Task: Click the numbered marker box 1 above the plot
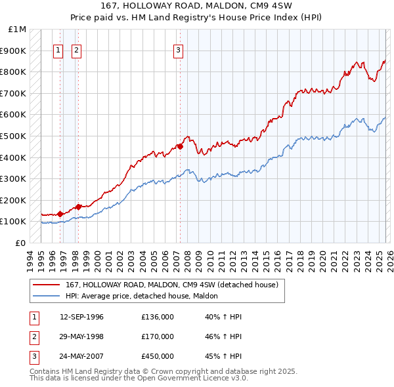[x=58, y=50]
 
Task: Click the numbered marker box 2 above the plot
[x=76, y=50]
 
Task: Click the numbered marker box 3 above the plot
[x=178, y=50]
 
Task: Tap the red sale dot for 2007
[x=180, y=147]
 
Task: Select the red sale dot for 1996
[x=60, y=213]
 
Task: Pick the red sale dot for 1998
[x=78, y=207]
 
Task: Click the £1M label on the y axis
[x=18, y=30]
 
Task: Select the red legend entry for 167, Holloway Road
[x=172, y=285]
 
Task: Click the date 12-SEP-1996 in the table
[x=81, y=317]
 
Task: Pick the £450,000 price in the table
[x=158, y=356]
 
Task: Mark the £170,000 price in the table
[x=158, y=336]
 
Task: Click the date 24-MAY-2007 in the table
[x=81, y=356]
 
